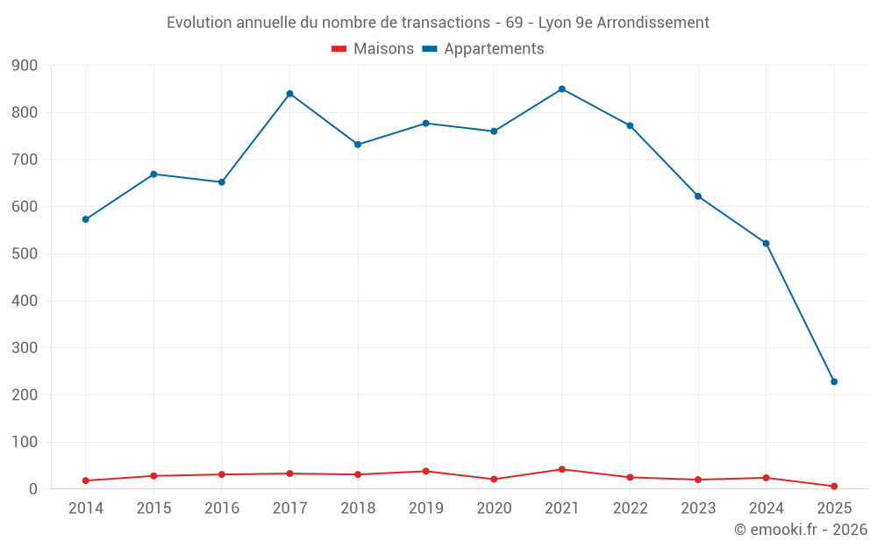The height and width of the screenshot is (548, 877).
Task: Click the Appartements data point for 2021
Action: [x=562, y=89]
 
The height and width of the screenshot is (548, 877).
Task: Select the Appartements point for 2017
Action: [x=289, y=94]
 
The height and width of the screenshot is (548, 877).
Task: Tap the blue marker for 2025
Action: [x=834, y=381]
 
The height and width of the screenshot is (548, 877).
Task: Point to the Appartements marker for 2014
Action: [x=85, y=219]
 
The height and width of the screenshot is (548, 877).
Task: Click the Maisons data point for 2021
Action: [x=562, y=469]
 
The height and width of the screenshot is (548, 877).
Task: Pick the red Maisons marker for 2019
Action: [x=425, y=471]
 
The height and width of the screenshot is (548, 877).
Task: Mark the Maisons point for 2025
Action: [x=834, y=486]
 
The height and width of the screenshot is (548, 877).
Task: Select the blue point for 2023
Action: [x=698, y=196]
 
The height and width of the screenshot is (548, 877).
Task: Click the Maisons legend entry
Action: [x=373, y=49]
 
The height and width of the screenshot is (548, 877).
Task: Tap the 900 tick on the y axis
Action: [x=25, y=66]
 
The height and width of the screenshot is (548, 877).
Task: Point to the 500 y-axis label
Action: [x=25, y=254]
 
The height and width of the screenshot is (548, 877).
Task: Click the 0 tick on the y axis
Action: [x=32, y=489]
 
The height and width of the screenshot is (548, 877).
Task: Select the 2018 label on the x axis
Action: [x=358, y=509]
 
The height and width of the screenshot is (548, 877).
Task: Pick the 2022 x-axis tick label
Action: [x=630, y=509]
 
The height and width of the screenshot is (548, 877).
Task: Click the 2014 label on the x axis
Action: [x=85, y=509]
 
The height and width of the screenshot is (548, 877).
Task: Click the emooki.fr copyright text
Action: [x=800, y=530]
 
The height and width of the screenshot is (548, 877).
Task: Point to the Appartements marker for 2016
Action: [x=221, y=182]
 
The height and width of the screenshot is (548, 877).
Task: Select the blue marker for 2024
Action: [x=766, y=243]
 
